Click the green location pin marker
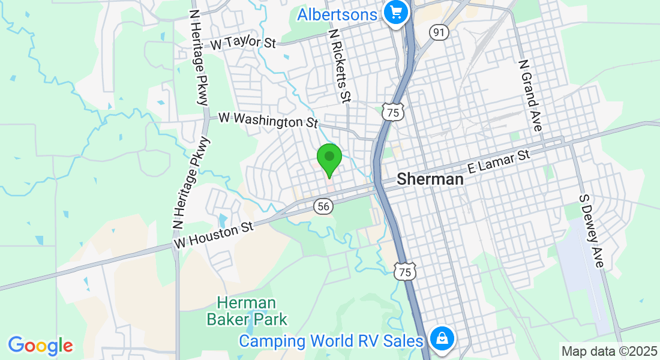[329, 159]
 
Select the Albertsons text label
[337, 14]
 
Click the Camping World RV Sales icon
[442, 339]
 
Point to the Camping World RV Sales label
[331, 341]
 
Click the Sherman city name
[430, 179]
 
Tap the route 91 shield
[439, 32]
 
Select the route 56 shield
[323, 206]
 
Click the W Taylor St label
[243, 44]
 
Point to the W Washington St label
[268, 120]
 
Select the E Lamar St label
[499, 163]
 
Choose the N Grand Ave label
[530, 95]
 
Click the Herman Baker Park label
[247, 311]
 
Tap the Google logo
[40, 346]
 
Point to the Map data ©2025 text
[608, 351]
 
